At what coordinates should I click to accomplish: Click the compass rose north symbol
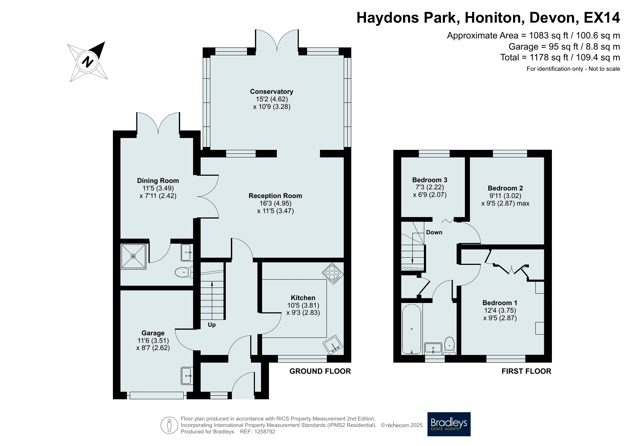pos(88,62)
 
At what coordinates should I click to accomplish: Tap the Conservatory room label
pos(271,92)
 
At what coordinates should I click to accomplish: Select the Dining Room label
pos(158,181)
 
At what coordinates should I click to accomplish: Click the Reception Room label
pos(275,196)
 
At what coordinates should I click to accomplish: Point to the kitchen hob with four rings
pos(333,274)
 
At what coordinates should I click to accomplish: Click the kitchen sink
pos(334,346)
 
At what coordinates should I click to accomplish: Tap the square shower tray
pos(133,256)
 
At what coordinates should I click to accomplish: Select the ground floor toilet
pos(184,272)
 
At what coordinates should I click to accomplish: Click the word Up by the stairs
pos(212,325)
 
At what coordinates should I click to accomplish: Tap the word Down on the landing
pos(434,232)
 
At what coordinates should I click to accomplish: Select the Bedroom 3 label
pos(430,180)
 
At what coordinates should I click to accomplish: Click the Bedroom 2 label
pos(505,188)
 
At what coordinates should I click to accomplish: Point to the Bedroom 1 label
pos(500,303)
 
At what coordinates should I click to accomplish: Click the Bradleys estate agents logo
pos(449,424)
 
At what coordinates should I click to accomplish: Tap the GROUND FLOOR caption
pos(320,371)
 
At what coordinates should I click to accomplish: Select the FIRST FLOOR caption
pos(526,371)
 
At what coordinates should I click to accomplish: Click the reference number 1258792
pos(265,432)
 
